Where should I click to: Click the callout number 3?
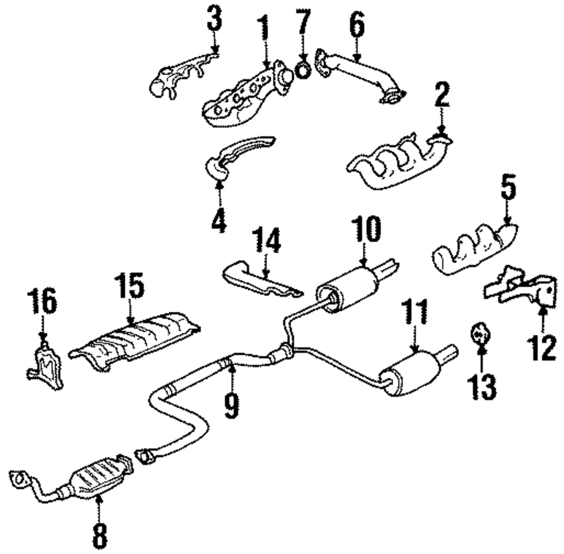pos(213,20)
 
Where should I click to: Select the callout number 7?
pos(303,23)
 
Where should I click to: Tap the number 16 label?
pos(44,302)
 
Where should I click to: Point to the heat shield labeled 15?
pos(135,339)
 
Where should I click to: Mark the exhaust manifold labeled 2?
pos(395,164)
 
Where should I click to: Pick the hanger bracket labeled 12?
pos(522,285)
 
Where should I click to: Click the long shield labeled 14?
pos(259,280)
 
